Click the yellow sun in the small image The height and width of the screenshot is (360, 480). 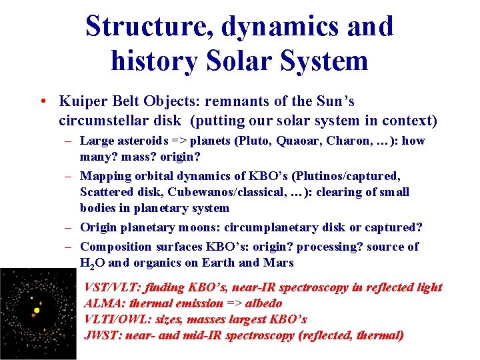coord(37,310)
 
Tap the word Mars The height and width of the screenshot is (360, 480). coord(278,263)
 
